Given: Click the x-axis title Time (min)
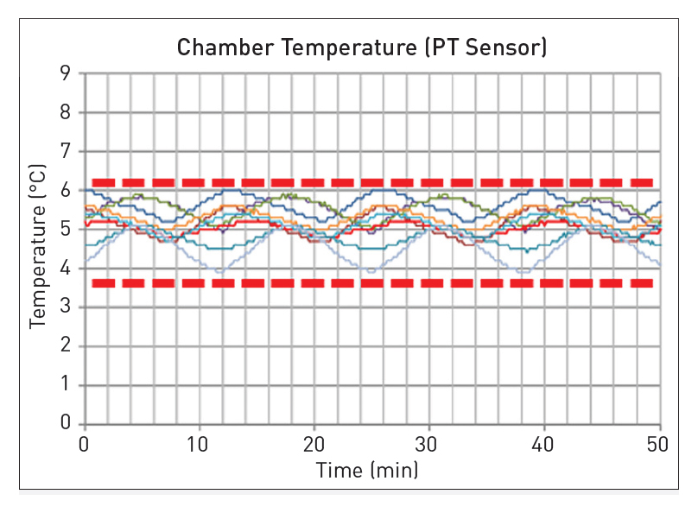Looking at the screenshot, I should pos(367,471).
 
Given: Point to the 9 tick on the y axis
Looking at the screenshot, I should pos(65,73).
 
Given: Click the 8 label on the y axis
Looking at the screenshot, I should pos(65,112).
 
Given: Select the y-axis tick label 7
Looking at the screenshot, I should pos(65,152).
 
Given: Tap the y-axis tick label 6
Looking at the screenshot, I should pos(65,191).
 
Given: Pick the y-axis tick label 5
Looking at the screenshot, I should pos(65,230).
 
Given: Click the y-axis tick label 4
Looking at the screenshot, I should pos(65,269).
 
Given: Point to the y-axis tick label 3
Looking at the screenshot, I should pos(65,307).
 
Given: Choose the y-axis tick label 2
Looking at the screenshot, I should pos(65,346).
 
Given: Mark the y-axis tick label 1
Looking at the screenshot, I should pos(65,385).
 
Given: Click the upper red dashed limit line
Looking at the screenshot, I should pos(371,182).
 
